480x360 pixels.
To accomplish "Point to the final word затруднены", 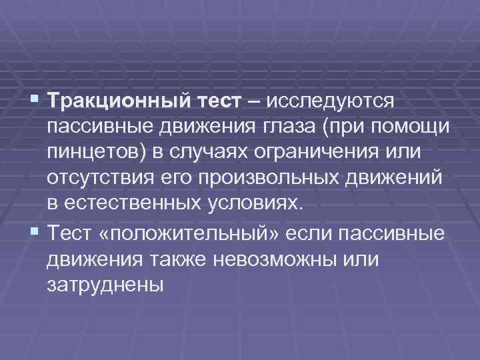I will tap(105, 285).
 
